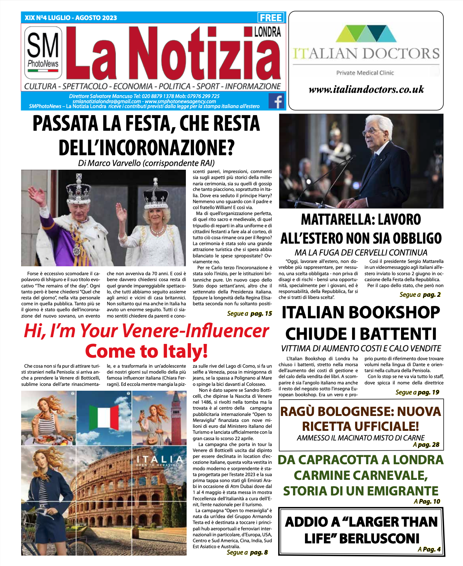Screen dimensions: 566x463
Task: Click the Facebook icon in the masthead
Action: pos(276,101)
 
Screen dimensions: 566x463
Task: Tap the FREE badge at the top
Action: pos(271,18)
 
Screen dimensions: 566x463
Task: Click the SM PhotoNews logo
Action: pos(43,52)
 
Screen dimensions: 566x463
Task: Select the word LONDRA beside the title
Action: pos(267,32)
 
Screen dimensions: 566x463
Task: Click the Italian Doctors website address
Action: pos(366,90)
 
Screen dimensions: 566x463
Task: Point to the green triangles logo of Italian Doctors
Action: pos(365,33)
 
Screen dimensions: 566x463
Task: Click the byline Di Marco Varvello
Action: pos(146,163)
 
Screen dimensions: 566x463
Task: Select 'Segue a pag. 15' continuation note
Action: pos(249,314)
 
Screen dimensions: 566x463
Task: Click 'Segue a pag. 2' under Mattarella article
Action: pos(420,295)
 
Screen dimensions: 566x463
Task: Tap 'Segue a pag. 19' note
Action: pos(417,392)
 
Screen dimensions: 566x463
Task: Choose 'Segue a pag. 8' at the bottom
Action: pos(247,552)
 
